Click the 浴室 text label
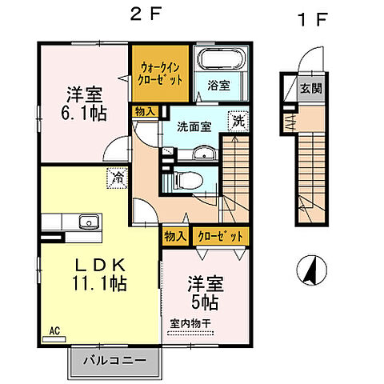pos(218,85)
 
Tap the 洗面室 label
pos(195,126)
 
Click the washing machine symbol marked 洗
pos(238,121)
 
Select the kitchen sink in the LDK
pos(86,222)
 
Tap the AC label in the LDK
pos(55,329)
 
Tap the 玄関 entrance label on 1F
pos(311,89)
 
